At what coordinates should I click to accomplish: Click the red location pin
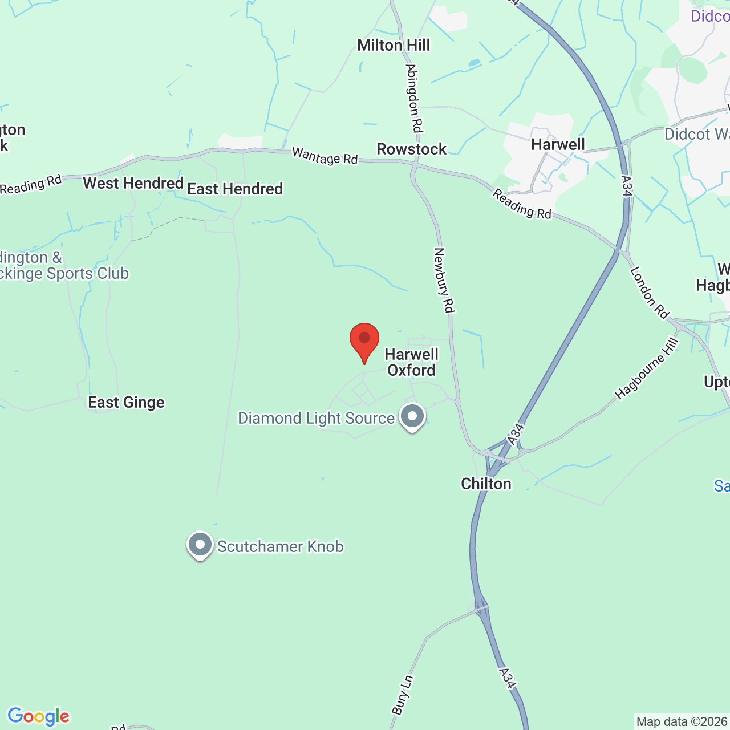point(364,341)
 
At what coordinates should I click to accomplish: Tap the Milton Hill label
point(394,46)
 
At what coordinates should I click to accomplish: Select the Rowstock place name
point(412,149)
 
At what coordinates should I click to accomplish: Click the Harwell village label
point(558,145)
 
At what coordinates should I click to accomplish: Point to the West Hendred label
point(133,184)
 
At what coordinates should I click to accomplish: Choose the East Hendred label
point(235,189)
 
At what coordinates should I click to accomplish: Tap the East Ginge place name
point(126,403)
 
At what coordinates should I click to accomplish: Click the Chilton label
point(486,484)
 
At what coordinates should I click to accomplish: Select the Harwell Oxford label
point(411,362)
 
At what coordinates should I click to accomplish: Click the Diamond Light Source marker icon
point(412,416)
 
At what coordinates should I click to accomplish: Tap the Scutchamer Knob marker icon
point(200,545)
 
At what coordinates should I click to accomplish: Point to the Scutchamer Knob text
point(281,546)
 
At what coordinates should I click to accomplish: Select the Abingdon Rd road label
point(415,98)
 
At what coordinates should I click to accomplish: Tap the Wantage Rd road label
point(325,156)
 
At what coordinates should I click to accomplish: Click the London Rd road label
point(649,293)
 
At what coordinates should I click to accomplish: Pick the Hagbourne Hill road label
point(647,368)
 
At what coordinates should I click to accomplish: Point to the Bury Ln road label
point(402,695)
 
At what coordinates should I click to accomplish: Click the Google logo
point(39,716)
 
